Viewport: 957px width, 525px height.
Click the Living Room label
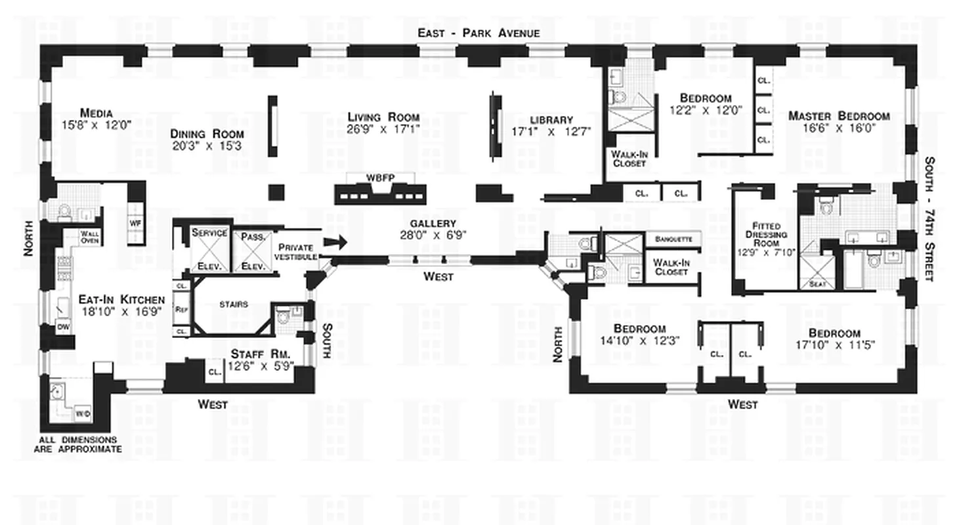(383, 117)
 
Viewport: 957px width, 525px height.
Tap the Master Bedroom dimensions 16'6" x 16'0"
(839, 129)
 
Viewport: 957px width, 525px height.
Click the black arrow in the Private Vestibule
(336, 242)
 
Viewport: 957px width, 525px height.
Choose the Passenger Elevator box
(253, 249)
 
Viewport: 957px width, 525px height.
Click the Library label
(551, 119)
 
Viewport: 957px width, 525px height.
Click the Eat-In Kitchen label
(121, 299)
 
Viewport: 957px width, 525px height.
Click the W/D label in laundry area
(83, 413)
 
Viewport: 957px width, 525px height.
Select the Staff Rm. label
(260, 354)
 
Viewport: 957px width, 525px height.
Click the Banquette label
(673, 239)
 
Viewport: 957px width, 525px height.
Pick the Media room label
(96, 112)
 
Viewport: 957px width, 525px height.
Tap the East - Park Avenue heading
(479, 33)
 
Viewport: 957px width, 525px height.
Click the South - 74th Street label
(929, 219)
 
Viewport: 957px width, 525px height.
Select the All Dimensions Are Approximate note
(77, 444)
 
